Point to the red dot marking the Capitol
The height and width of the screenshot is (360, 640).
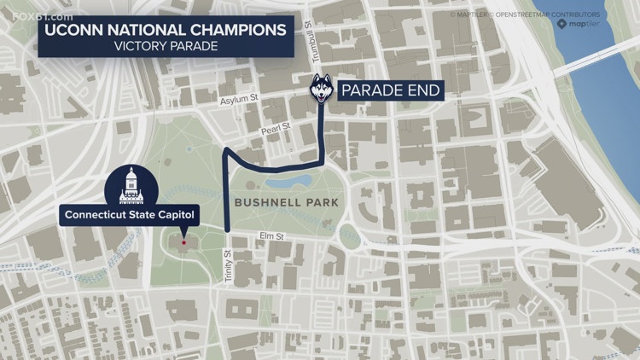[183, 241]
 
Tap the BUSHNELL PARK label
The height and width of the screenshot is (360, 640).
[287, 203]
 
